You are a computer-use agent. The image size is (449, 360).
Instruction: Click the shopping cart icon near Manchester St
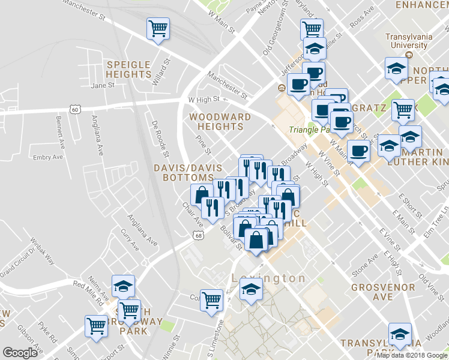click(x=158, y=28)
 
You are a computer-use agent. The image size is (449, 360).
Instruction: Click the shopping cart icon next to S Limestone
click(x=212, y=298)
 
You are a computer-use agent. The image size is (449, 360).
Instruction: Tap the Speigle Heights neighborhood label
click(x=128, y=69)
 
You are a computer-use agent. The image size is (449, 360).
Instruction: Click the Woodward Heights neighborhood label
click(x=216, y=121)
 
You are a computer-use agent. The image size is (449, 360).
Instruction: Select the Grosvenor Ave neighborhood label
click(x=383, y=292)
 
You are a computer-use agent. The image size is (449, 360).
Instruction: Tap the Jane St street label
click(x=102, y=85)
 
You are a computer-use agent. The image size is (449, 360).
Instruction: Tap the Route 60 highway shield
click(x=74, y=109)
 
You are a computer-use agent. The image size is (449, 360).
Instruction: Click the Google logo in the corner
click(x=20, y=353)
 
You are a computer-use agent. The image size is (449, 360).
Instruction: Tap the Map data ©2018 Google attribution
click(x=411, y=355)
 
